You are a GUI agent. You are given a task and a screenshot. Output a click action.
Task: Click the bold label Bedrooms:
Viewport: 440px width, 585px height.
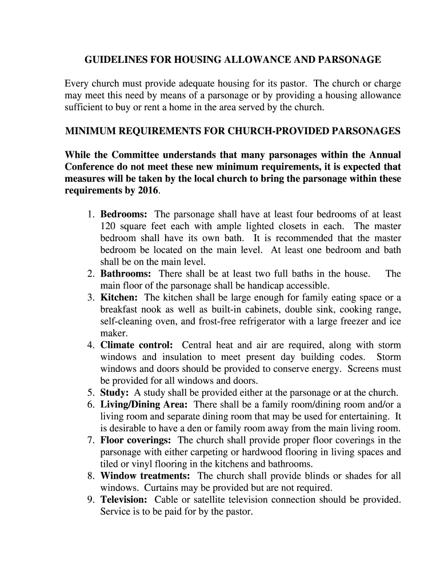[124, 214]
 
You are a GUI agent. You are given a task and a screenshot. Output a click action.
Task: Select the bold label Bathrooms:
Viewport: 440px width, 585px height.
[126, 274]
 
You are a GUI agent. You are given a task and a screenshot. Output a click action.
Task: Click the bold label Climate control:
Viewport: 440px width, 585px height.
[137, 345]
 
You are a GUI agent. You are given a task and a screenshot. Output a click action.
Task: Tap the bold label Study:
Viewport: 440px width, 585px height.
[115, 392]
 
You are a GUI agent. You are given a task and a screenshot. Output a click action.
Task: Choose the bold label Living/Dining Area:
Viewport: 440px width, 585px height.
[145, 404]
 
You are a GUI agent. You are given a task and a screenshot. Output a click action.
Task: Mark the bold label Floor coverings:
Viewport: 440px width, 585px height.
[136, 440]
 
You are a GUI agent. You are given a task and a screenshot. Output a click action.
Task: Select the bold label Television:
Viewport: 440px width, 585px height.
[124, 500]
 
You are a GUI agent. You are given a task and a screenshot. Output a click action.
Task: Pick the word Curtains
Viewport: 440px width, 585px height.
[163, 488]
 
